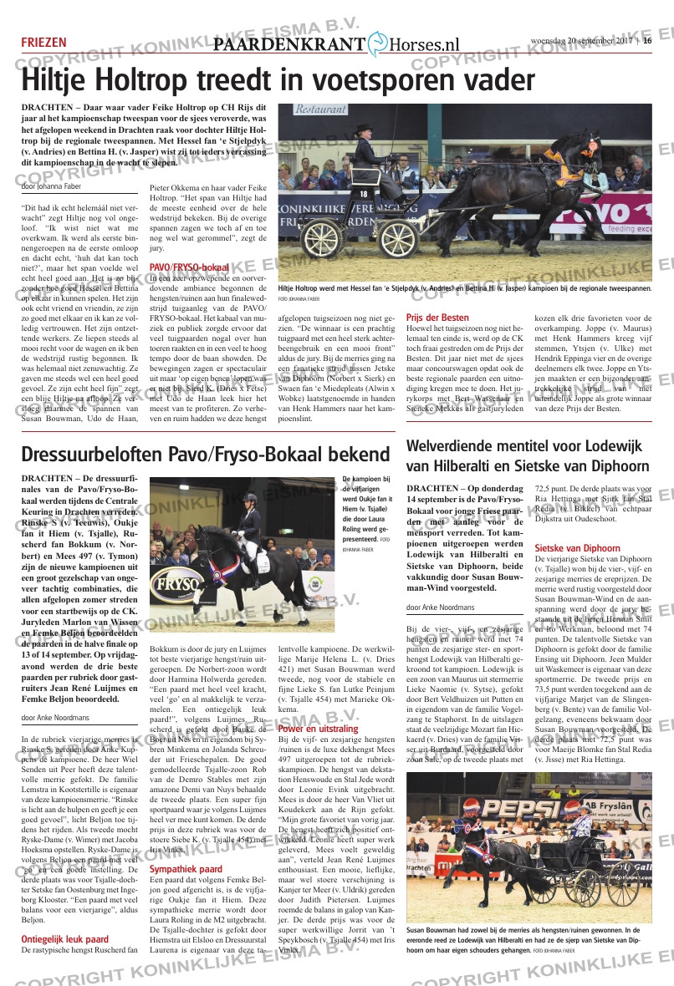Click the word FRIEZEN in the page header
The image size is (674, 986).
tap(44, 43)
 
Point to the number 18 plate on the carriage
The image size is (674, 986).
tap(363, 194)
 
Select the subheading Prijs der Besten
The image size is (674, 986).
tap(437, 318)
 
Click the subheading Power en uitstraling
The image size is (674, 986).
tap(318, 729)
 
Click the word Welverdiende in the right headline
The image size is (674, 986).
tap(456, 445)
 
